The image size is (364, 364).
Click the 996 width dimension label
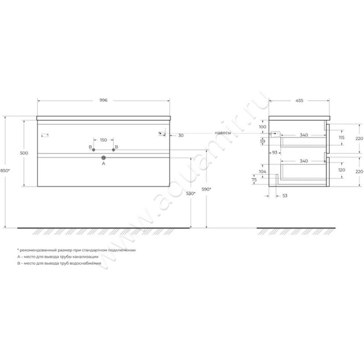click(x=103, y=100)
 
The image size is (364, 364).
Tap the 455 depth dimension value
click(x=299, y=100)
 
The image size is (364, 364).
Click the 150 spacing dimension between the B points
click(x=103, y=140)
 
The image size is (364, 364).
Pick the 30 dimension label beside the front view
click(x=181, y=135)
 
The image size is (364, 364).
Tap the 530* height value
click(x=192, y=194)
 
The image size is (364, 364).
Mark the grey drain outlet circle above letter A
click(x=103, y=157)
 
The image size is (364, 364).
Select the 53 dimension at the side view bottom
click(x=285, y=196)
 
